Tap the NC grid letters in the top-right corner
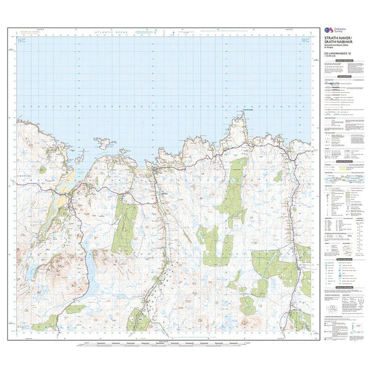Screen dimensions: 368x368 [x=305, y=41]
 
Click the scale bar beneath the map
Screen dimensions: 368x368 [x=164, y=347]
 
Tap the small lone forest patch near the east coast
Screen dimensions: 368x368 [x=278, y=175]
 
